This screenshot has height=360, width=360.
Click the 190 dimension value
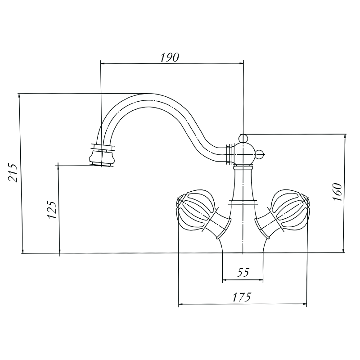pyautogui.click(x=169, y=58)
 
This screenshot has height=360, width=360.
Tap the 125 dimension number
pyautogui.click(x=52, y=210)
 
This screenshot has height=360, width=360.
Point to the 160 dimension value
pyautogui.click(x=337, y=192)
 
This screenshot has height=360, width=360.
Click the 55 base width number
pyautogui.click(x=243, y=273)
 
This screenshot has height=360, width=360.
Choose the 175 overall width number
pyautogui.click(x=242, y=297)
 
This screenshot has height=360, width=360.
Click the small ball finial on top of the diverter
pyautogui.click(x=243, y=138)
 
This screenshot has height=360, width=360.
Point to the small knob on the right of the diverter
pyautogui.click(x=261, y=154)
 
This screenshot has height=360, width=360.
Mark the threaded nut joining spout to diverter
pyautogui.click(x=230, y=154)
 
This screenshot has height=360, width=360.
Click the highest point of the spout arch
pyautogui.click(x=149, y=94)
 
